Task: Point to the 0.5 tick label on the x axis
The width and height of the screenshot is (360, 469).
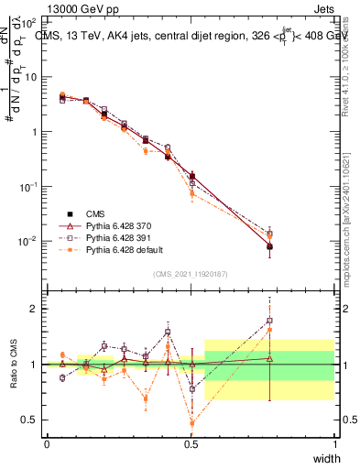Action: tap(191, 443)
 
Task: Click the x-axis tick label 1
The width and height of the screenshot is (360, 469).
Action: tap(335, 443)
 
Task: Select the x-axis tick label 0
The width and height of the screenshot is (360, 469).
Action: tap(47, 443)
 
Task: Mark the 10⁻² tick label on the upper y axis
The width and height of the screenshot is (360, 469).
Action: tap(29, 241)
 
